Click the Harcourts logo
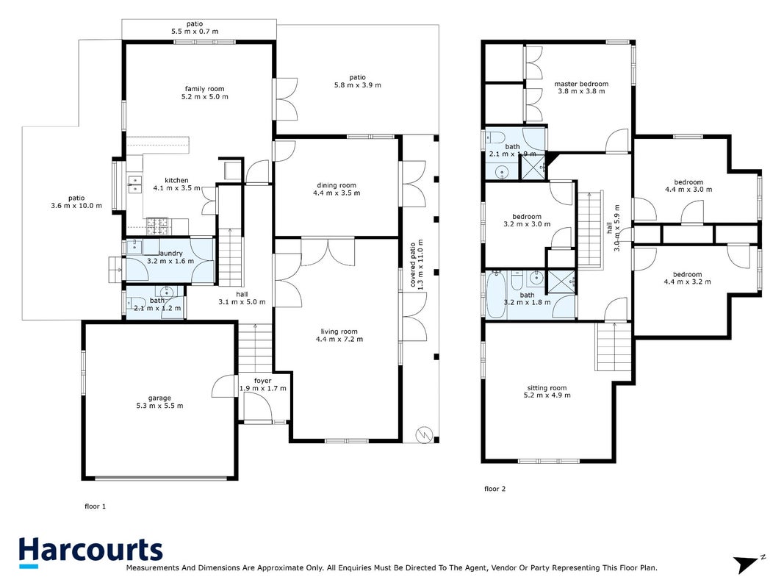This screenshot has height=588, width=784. click(90, 552)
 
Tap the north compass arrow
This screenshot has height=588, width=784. click(749, 563)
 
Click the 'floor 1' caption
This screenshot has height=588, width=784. click(95, 506)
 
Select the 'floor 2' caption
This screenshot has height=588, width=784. click(495, 489)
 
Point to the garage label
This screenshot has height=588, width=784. click(159, 398)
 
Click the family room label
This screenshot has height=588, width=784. click(204, 89)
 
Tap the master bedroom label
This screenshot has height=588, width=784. click(581, 84)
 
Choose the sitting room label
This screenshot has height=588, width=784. click(547, 387)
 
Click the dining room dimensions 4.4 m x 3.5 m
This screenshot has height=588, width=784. click(337, 193)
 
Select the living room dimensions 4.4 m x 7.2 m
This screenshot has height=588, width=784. click(339, 339)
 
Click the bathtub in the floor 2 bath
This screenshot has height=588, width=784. click(496, 295)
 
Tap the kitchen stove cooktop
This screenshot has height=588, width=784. click(157, 226)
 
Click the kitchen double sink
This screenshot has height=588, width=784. click(134, 184)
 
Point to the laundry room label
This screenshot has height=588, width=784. click(170, 254)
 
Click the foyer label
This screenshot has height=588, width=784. click(262, 381)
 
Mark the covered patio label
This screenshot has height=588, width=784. click(413, 265)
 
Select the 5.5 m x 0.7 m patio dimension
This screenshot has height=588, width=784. click(195, 31)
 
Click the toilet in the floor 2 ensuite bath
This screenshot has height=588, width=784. click(495, 136)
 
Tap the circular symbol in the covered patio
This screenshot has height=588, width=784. click(424, 434)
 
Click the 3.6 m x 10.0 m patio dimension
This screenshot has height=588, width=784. click(76, 206)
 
